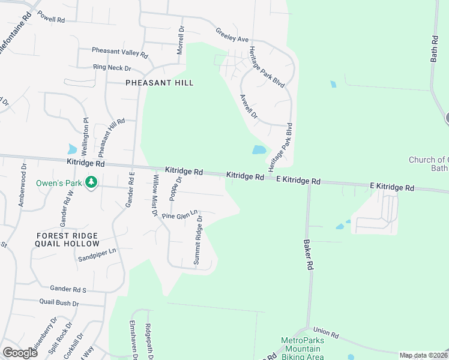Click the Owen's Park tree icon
[91, 182]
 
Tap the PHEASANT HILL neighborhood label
[159, 83]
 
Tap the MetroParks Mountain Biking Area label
[303, 348]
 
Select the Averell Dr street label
[248, 106]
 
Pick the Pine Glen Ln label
[179, 214]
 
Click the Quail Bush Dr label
[59, 303]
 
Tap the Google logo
[20, 353]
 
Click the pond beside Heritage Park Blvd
[259, 149]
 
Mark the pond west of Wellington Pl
[73, 149]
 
